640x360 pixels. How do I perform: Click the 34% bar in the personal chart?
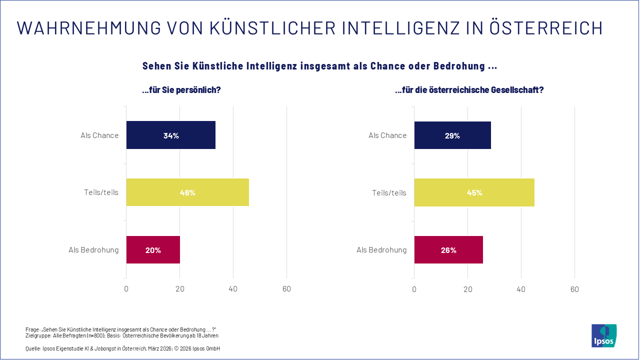(170, 135)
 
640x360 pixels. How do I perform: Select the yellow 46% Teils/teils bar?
(187, 192)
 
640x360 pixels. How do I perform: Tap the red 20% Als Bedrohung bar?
(153, 250)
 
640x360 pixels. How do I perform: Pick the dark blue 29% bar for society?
(452, 135)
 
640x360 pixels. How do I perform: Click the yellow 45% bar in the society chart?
(474, 192)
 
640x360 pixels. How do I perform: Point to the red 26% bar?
(448, 250)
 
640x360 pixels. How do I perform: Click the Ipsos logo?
(604, 335)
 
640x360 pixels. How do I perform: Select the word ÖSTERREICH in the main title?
(545, 28)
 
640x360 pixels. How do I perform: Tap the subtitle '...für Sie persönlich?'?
(181, 90)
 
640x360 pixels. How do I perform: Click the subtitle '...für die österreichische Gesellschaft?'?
(469, 90)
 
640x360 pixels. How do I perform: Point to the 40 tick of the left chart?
(233, 289)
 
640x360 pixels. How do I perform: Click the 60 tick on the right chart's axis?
(574, 289)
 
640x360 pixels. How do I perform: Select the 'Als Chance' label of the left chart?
(99, 135)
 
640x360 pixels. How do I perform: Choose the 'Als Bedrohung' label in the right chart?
(381, 250)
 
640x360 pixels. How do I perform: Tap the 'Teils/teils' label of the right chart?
(389, 192)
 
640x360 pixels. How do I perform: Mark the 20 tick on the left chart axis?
(179, 289)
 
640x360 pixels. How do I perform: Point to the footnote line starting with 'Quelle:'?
(122, 348)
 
